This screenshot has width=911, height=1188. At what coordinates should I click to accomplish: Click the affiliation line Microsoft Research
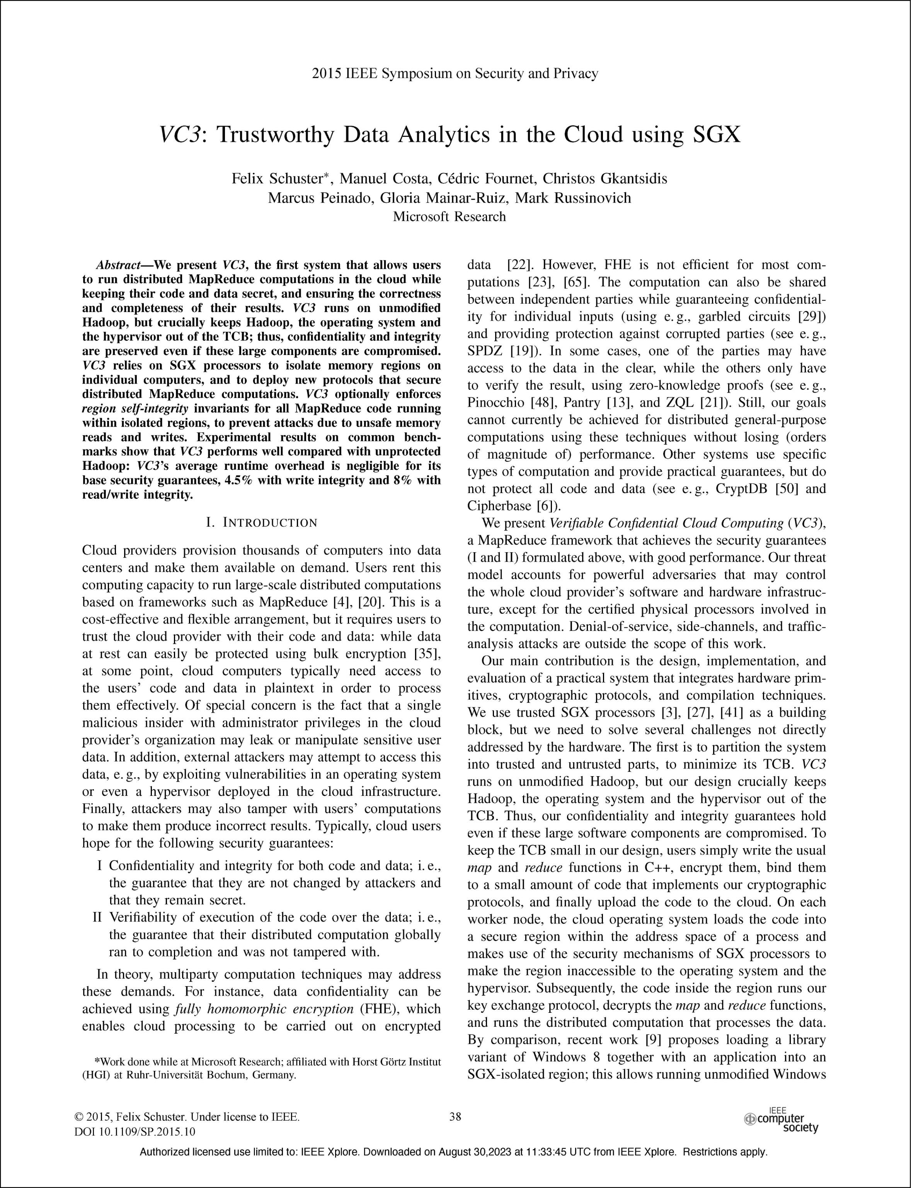point(449,217)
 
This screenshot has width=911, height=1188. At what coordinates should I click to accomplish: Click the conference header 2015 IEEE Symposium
point(455,73)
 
